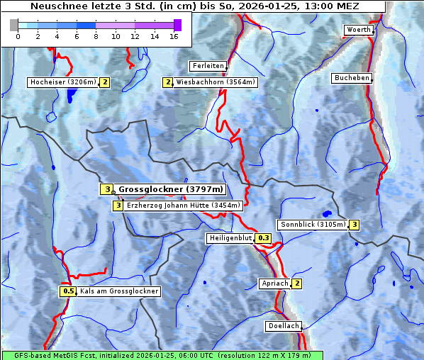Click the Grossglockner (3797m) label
click(x=170, y=189)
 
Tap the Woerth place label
click(x=357, y=30)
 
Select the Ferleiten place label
click(x=208, y=66)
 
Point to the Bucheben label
click(x=352, y=78)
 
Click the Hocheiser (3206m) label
click(x=62, y=82)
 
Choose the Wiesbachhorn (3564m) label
click(x=216, y=82)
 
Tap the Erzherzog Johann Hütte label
click(x=184, y=206)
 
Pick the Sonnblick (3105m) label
click(x=313, y=225)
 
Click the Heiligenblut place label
click(x=230, y=238)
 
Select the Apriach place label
click(x=275, y=283)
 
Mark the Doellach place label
click(x=283, y=327)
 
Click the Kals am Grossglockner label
click(x=118, y=291)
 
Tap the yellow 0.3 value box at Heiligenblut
click(x=264, y=238)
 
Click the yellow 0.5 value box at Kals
click(x=68, y=291)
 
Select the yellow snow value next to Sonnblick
click(x=354, y=225)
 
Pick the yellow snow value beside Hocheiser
click(x=104, y=82)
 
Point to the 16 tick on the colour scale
click(x=174, y=36)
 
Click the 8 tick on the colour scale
click(x=96, y=36)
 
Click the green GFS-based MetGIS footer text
click(x=162, y=355)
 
